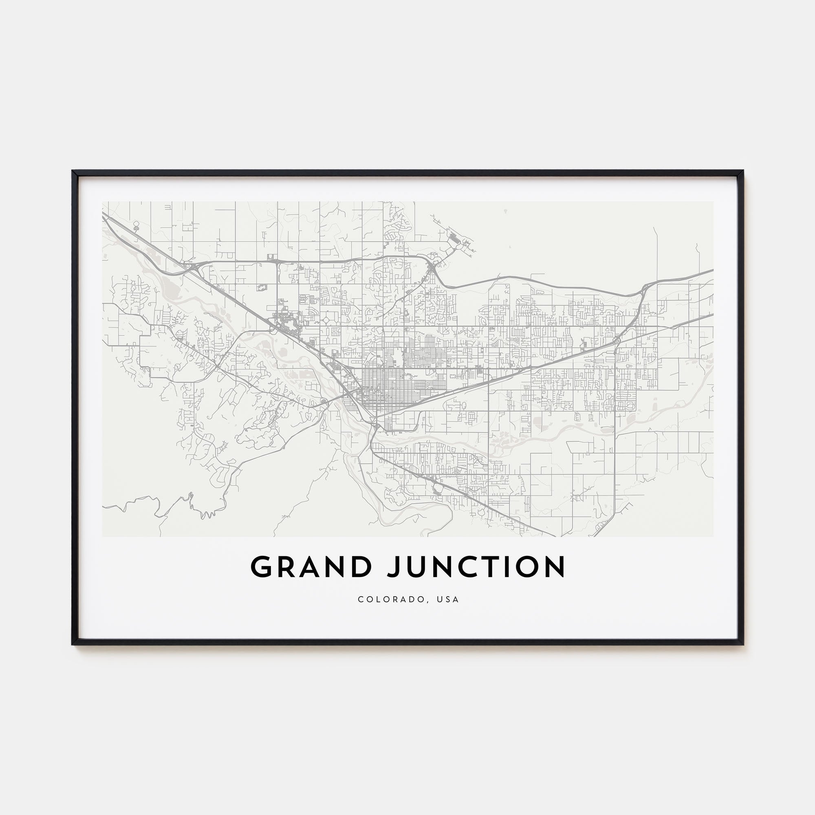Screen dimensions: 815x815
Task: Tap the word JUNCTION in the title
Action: [477, 567]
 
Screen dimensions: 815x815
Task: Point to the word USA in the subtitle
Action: [448, 599]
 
